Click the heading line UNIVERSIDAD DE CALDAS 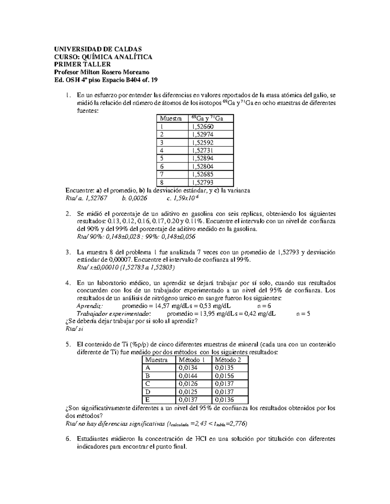click(98, 49)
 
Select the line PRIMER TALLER click(83, 65)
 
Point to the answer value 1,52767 click(96, 198)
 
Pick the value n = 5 click(303, 314)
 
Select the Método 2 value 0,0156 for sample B click(224, 376)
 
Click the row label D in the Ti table click(148, 392)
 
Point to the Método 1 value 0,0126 click(188, 384)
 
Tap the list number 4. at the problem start click(68, 283)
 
